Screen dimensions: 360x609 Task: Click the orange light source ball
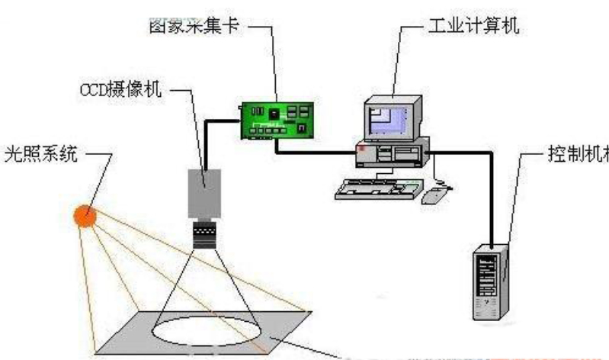click(85, 217)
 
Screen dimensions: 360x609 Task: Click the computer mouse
click(434, 194)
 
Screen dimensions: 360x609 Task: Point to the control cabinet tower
click(489, 281)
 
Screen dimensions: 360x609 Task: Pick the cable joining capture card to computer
click(320, 153)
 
